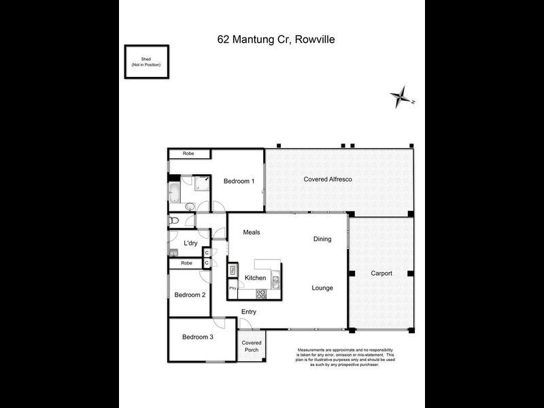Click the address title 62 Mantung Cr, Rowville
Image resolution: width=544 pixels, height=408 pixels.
point(276,39)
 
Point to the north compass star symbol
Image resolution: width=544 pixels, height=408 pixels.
point(401,97)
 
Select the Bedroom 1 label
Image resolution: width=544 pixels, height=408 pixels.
point(239,181)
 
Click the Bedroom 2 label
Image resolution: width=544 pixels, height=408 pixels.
point(190,294)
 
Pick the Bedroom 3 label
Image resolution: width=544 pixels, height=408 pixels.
point(197,337)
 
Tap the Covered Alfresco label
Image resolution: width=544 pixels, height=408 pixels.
point(327,180)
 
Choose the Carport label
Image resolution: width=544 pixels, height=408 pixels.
point(381,273)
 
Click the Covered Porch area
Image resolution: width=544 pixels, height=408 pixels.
point(252,345)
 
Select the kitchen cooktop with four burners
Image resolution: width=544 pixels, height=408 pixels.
point(260,294)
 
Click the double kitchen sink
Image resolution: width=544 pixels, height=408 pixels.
point(275,278)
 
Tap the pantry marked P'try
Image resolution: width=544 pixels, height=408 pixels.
point(233,288)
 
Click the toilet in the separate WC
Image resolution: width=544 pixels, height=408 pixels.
point(173,220)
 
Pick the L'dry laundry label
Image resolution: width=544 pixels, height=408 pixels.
point(190,243)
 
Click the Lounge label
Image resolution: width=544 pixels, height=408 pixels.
point(322,288)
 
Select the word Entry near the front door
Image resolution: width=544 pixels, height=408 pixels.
point(249,312)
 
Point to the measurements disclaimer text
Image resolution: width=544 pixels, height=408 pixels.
point(345,357)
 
